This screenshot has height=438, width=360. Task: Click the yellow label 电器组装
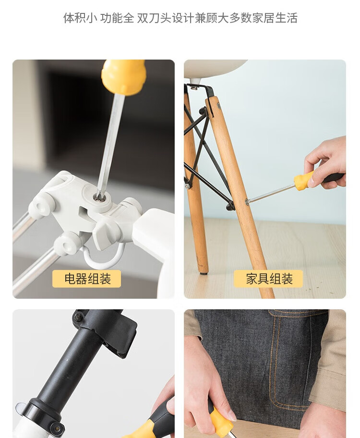click(x=86, y=279)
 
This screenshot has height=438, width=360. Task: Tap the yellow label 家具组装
click(x=268, y=279)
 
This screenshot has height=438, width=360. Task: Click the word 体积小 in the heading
click(x=80, y=18)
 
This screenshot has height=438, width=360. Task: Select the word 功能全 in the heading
click(x=117, y=18)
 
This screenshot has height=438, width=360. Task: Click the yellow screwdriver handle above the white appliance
click(x=124, y=76)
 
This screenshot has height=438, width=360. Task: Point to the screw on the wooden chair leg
click(x=247, y=201)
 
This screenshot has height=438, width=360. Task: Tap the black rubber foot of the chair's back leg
click(x=204, y=273)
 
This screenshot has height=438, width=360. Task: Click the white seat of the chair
click(x=215, y=68)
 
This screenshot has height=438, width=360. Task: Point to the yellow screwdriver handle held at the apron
click(x=220, y=422)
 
